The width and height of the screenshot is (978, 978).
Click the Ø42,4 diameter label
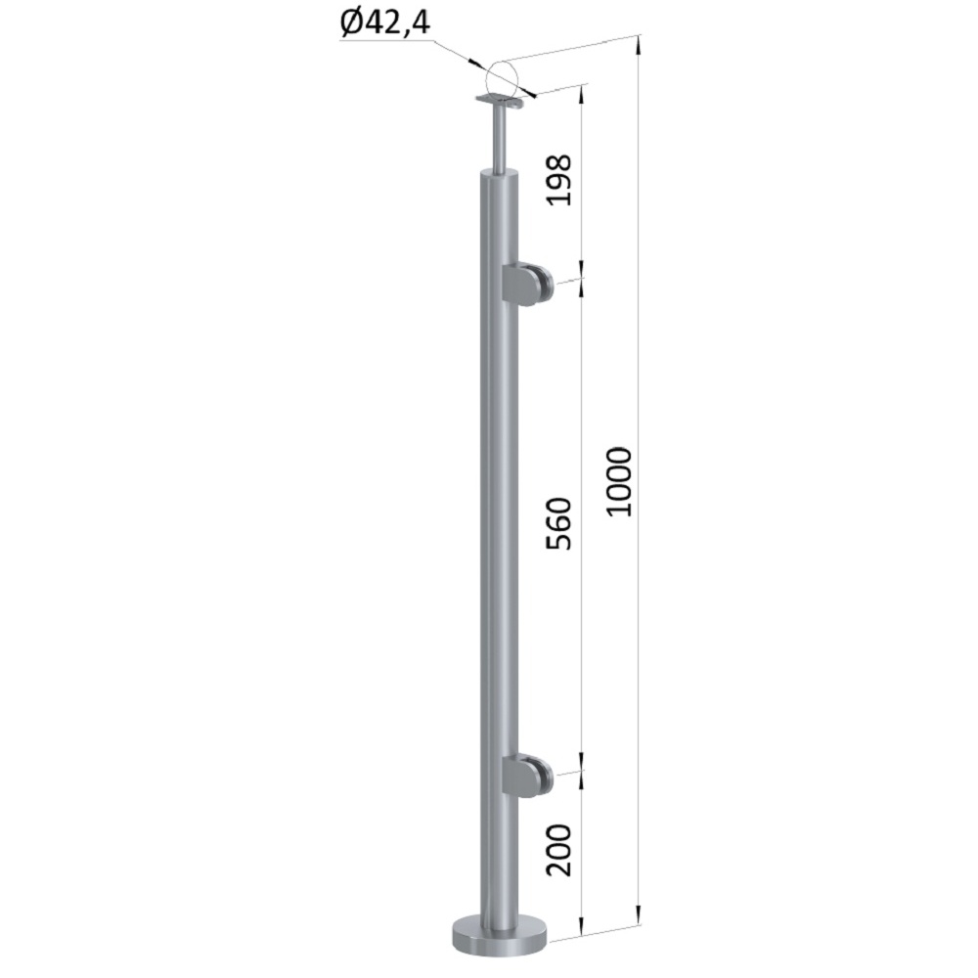[385, 23]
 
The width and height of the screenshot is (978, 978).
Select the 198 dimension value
[558, 180]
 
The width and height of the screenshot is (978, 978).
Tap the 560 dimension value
[558, 523]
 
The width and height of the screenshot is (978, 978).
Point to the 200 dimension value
[558, 850]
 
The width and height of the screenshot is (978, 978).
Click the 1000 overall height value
[620, 481]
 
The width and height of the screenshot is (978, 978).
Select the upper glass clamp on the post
[525, 285]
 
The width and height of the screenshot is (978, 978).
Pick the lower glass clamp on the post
[525, 776]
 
